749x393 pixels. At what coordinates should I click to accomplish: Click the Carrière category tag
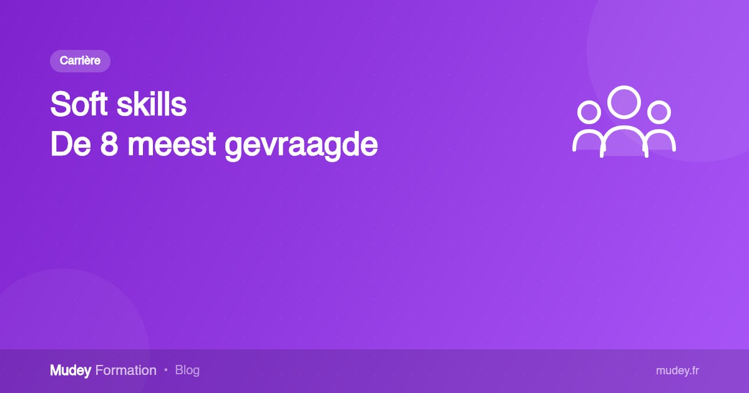point(81,61)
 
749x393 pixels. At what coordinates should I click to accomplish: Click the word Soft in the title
point(79,104)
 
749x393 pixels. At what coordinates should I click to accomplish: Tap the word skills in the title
point(151,104)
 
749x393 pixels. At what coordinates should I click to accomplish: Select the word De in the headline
point(71,144)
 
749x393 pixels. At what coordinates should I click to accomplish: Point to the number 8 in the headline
point(109,144)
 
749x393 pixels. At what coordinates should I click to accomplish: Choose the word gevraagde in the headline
point(301,147)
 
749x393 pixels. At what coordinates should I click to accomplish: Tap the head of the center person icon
point(624,102)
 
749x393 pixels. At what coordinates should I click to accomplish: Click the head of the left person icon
point(589,112)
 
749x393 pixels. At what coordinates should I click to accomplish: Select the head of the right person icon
point(659,112)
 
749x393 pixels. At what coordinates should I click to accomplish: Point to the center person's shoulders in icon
point(624,128)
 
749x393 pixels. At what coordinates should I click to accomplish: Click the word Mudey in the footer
point(71,371)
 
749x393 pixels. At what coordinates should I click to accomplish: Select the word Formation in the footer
point(125,371)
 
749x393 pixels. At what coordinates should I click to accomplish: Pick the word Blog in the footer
point(187,371)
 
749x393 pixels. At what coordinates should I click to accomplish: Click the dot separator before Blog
point(166,369)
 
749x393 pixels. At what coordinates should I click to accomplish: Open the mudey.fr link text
point(677,371)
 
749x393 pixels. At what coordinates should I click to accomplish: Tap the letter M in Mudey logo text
point(56,370)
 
